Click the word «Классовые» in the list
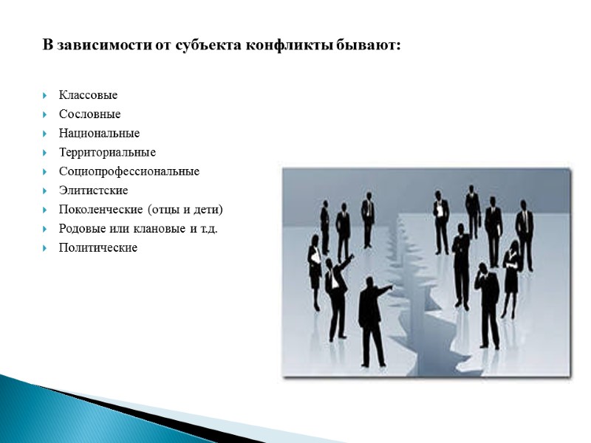[88, 96]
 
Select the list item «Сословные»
[89, 114]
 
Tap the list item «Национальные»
[99, 134]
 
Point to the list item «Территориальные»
[107, 153]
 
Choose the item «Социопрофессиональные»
[129, 172]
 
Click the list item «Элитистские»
[93, 191]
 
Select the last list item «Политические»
[98, 248]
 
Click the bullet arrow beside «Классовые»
[46, 96]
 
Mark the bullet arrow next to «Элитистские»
[46, 191]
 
